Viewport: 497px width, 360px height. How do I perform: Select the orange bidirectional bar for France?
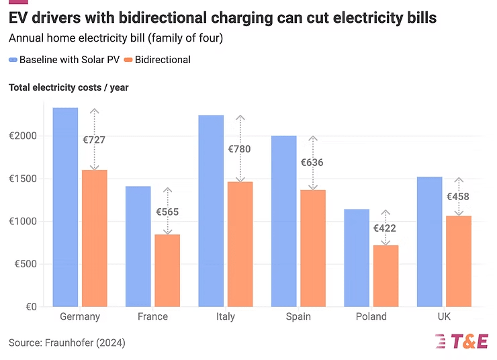167,270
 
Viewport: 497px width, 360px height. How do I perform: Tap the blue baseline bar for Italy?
211,211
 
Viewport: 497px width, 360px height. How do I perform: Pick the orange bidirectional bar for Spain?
312,248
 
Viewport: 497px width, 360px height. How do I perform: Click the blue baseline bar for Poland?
356,258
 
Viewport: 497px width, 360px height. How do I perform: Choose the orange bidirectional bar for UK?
458,261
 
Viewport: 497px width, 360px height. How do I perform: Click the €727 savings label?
94,140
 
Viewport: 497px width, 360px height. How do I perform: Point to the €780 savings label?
239,149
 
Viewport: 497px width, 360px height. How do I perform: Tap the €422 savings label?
385,228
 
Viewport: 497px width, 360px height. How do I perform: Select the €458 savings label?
458,197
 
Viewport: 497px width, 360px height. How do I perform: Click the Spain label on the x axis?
298,317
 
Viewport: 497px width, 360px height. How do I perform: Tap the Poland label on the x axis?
371,317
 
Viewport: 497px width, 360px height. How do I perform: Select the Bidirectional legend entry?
157,60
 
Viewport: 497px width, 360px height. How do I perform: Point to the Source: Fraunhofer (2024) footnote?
67,343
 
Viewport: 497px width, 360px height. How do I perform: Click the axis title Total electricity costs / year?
69,87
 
